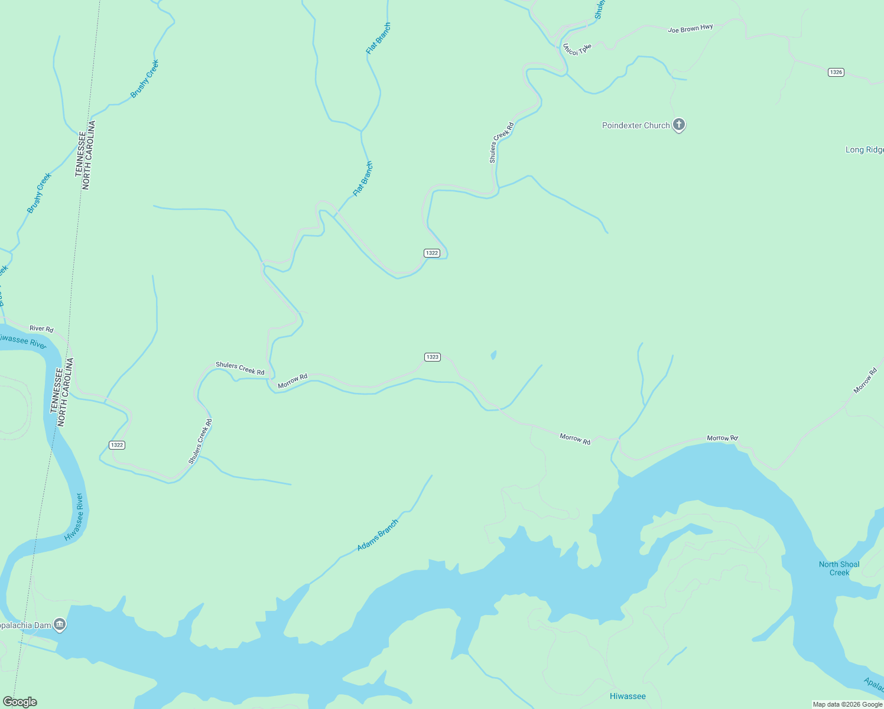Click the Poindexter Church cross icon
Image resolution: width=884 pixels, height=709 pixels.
click(x=679, y=125)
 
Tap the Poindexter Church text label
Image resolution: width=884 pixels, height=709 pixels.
click(x=636, y=125)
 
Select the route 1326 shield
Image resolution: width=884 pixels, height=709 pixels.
click(x=836, y=72)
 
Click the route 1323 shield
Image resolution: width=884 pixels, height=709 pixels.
click(x=432, y=357)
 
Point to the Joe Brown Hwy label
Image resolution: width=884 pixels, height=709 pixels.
click(x=690, y=28)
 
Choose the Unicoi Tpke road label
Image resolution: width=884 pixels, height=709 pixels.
click(x=577, y=50)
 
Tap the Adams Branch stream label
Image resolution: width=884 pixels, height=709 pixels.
click(x=378, y=535)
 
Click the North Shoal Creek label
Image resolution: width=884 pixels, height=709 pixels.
click(x=839, y=568)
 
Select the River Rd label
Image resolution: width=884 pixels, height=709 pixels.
click(x=41, y=329)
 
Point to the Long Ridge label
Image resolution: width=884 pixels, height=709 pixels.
click(x=864, y=150)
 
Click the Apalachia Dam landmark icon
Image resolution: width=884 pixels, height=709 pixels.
click(x=59, y=624)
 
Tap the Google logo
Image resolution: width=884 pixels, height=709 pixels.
click(x=19, y=702)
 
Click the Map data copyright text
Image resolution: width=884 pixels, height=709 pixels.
click(x=847, y=704)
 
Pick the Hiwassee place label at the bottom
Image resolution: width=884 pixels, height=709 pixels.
click(x=628, y=696)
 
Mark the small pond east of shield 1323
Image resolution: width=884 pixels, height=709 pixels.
click(x=493, y=355)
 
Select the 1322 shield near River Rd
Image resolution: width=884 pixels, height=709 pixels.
click(x=117, y=445)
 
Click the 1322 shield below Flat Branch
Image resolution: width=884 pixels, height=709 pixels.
click(x=431, y=253)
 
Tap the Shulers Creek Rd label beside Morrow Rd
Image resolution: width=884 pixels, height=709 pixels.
click(x=240, y=368)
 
